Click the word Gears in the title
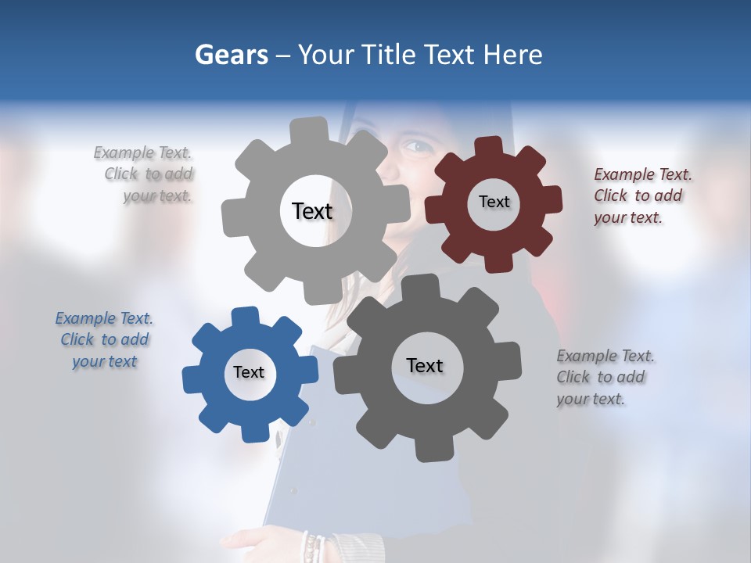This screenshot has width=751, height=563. pyautogui.click(x=231, y=55)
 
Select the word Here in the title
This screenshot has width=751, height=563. pyautogui.click(x=512, y=55)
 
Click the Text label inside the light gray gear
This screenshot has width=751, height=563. pyautogui.click(x=312, y=211)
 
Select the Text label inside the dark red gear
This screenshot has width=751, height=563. pyautogui.click(x=494, y=202)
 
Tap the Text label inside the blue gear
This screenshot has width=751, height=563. pyautogui.click(x=249, y=372)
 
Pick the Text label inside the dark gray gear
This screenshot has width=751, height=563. pyautogui.click(x=425, y=365)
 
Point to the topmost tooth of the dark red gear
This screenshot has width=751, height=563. pyautogui.click(x=489, y=147)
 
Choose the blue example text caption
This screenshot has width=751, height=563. pyautogui.click(x=104, y=339)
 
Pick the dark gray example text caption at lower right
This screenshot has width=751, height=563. pyautogui.click(x=605, y=377)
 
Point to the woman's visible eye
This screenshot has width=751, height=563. pyautogui.click(x=415, y=145)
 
